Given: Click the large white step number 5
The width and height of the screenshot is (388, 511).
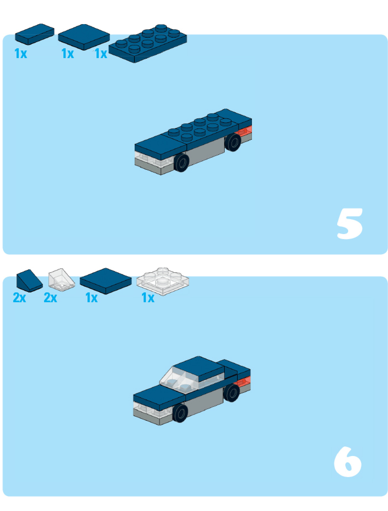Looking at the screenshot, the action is pyautogui.click(x=350, y=224).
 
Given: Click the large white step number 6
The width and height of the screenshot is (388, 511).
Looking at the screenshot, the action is pyautogui.click(x=348, y=462).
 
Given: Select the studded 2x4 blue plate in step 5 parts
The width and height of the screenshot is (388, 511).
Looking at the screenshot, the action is pyautogui.click(x=148, y=43).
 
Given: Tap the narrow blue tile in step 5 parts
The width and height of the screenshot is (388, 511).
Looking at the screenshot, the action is pyautogui.click(x=35, y=34).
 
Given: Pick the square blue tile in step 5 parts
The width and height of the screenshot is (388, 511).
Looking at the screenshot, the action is pyautogui.click(x=84, y=37).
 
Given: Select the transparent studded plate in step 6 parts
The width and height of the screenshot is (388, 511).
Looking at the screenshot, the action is pyautogui.click(x=163, y=281).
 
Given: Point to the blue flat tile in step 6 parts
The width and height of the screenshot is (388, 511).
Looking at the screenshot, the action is pyautogui.click(x=105, y=281).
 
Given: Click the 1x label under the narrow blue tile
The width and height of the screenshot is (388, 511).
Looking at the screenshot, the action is pyautogui.click(x=21, y=53).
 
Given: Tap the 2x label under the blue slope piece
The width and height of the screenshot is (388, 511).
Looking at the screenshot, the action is pyautogui.click(x=20, y=297).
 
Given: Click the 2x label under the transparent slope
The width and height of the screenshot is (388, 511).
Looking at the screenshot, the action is pyautogui.click(x=50, y=297).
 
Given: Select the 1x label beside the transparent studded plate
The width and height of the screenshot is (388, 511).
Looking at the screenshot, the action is pyautogui.click(x=148, y=298).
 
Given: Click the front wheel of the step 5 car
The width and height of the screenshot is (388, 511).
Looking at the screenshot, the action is pyautogui.click(x=182, y=162).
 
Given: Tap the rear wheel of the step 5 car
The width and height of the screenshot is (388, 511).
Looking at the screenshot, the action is pyautogui.click(x=233, y=142).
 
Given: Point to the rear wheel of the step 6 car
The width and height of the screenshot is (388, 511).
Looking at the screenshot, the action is pyautogui.click(x=232, y=393).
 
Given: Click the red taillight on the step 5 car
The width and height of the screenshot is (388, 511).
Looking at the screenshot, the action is pyautogui.click(x=245, y=131).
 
